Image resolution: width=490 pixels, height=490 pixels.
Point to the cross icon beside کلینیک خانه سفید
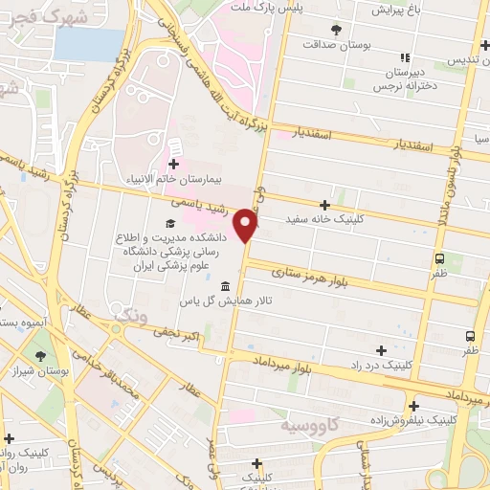(325, 204)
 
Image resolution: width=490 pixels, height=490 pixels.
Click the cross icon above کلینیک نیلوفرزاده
(413, 405)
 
